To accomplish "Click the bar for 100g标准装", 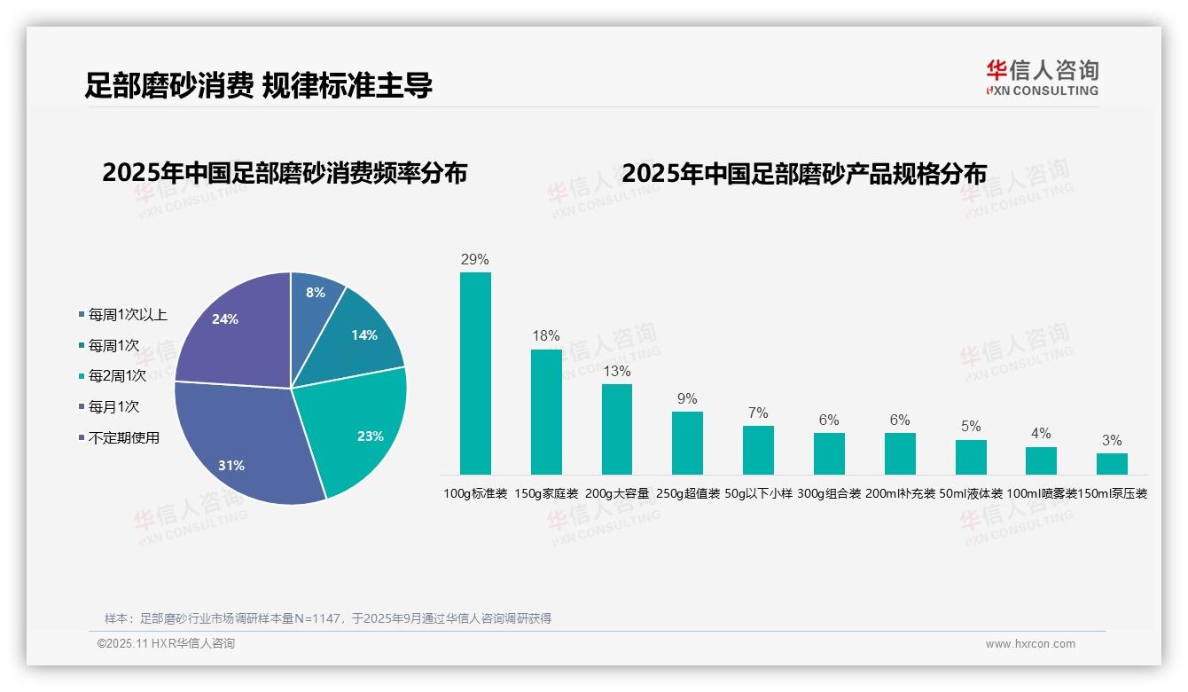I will tap(475, 373).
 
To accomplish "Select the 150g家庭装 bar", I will tap(546, 412).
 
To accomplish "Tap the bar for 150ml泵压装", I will tap(1112, 464).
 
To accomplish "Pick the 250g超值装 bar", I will tap(687, 443).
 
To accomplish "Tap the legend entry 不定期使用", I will tap(123, 437).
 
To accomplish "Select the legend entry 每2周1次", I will tap(116, 376).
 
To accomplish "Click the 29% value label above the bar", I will tap(475, 260).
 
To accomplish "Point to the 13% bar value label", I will tap(617, 371).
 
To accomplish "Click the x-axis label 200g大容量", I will tap(617, 493).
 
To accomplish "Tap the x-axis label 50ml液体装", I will tap(971, 493).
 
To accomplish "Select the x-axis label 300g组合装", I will tap(829, 493).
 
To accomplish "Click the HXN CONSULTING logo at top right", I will tap(1042, 77).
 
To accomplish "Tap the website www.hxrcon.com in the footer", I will tap(1030, 644).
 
